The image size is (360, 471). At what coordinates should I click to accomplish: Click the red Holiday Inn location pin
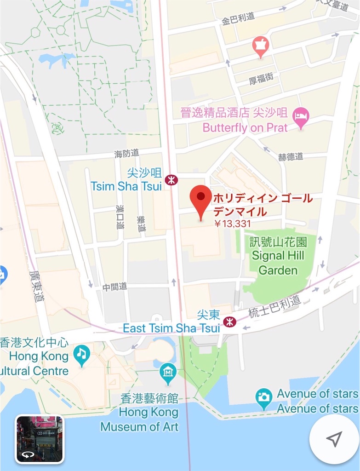coord(201,199)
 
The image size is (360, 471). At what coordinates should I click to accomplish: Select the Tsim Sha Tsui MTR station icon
coord(171,180)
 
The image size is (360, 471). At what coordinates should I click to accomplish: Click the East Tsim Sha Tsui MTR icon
coord(229,321)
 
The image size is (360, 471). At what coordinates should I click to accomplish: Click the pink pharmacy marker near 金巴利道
coord(261,46)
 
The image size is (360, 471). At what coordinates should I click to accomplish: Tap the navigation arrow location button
coord(334,439)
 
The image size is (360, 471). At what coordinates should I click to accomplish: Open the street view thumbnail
coord(40,438)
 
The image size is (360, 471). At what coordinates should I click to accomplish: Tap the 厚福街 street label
coord(261,79)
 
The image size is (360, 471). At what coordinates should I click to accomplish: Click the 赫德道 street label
coord(291,156)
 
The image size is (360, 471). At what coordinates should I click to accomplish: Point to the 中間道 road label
coord(114,287)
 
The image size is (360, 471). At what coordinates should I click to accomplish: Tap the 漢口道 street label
coord(120,217)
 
